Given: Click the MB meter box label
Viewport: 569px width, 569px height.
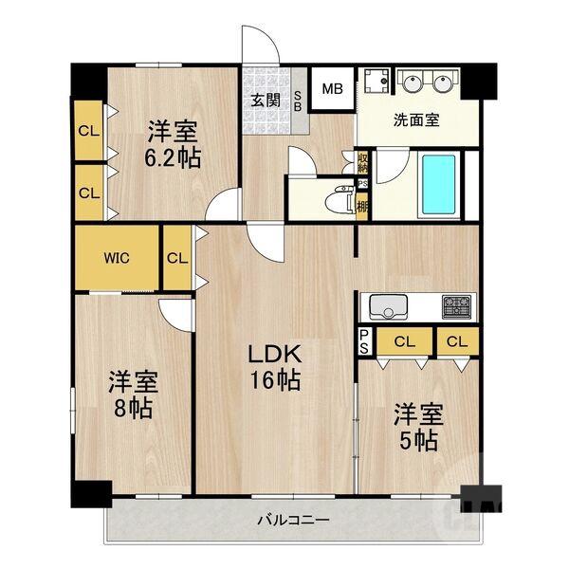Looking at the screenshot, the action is point(333,89).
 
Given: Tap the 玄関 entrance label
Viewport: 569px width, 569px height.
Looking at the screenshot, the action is point(266,101).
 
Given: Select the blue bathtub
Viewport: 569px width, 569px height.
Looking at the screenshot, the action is point(438,185).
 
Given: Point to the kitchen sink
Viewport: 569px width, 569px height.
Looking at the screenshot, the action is point(388,306).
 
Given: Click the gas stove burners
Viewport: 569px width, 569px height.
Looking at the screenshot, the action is point(456,307).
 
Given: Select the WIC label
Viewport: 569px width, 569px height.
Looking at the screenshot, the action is point(117,258).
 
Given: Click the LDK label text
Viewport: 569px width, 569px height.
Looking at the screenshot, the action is point(275,354).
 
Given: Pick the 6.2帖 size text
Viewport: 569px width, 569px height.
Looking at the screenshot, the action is point(173,157).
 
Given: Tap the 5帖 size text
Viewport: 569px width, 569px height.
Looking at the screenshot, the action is point(418,440).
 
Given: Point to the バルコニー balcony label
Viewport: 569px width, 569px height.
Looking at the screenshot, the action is point(294,520).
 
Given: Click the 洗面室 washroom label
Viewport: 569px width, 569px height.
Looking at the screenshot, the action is point(416,120).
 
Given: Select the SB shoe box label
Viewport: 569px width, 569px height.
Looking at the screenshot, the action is point(297,101).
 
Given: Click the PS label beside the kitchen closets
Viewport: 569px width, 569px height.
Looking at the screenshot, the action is point(364,341).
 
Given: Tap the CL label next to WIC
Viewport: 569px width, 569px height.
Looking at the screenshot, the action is point(177,258).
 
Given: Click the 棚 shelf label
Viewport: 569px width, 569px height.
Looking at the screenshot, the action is point(362,207).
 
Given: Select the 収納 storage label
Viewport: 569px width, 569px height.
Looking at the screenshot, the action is point(362,162).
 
